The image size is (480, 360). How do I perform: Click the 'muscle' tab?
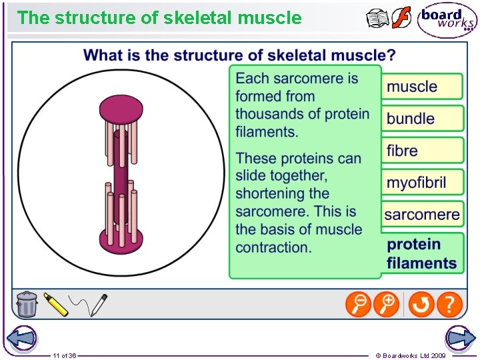(421, 87)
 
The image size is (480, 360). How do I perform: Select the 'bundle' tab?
(421, 119)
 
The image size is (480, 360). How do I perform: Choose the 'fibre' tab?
(421, 151)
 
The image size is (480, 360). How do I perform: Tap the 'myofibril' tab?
(421, 183)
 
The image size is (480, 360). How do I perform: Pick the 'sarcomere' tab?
(421, 215)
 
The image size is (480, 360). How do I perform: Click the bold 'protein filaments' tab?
(421, 254)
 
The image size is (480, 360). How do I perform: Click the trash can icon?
(27, 304)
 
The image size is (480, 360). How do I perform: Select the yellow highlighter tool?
(56, 305)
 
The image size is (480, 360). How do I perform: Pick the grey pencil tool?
(98, 305)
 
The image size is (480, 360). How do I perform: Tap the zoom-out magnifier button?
(358, 305)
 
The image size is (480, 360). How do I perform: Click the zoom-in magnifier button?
(387, 305)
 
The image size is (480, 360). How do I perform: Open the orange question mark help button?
(450, 305)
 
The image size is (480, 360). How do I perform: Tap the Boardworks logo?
(447, 20)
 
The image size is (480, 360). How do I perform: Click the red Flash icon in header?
(401, 18)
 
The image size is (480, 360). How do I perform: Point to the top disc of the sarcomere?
(121, 109)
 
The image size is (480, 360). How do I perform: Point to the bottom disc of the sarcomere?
(121, 237)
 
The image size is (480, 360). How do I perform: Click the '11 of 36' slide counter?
(65, 355)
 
